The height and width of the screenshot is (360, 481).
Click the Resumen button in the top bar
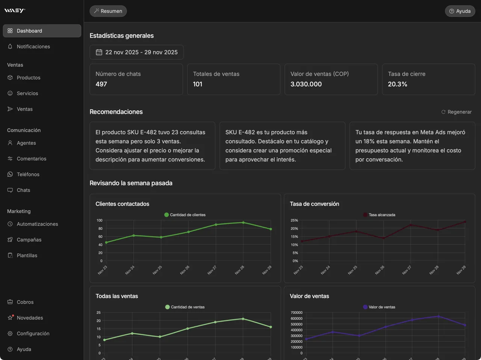coord(108,11)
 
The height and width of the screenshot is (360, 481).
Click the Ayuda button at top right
coord(460,11)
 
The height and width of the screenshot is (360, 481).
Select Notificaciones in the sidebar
coord(33,47)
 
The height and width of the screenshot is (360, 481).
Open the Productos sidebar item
coord(28,78)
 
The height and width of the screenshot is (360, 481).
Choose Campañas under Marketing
coord(29,240)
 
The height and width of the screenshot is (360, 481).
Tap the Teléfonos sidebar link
coord(28,175)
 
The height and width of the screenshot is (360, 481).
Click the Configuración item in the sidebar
coord(33,334)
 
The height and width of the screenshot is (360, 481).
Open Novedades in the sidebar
coord(30,318)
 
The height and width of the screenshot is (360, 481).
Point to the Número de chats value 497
coord(101,84)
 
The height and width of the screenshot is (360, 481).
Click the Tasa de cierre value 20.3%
coord(397,84)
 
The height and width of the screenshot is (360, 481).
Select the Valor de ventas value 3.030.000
coord(306,84)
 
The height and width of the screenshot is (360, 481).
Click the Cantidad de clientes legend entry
coord(185,215)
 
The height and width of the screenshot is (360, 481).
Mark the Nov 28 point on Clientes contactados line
coord(243,223)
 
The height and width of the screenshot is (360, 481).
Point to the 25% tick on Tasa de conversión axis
coord(294,220)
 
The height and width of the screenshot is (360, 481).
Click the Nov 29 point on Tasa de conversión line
coord(465,222)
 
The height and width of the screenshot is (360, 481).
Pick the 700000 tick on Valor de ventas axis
coord(296,313)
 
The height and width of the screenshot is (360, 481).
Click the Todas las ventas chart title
coord(116,296)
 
